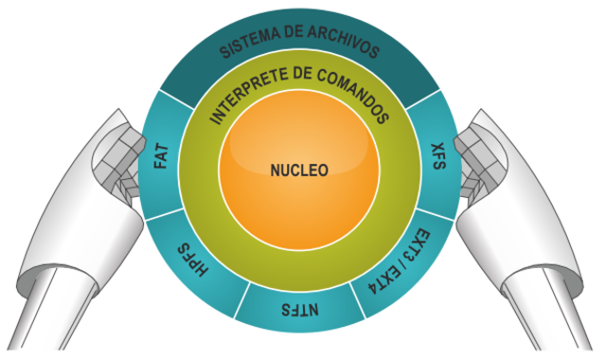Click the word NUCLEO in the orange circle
pos(298,171)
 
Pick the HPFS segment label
pos(192,258)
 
